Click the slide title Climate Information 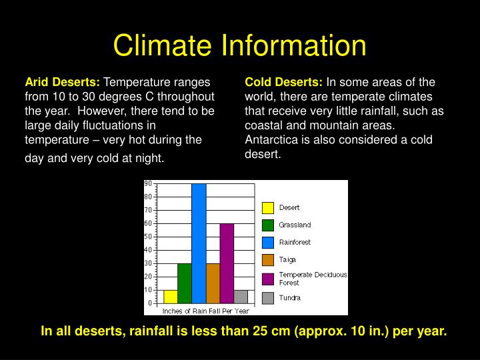240,45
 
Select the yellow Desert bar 171,297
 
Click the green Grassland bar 185,283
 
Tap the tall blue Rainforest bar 199,243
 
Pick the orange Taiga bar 213,283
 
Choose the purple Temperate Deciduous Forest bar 227,263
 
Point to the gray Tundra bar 241,297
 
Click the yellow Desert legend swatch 268,208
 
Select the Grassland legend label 295,225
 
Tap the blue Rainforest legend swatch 268,243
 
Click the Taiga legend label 287,259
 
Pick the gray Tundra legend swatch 268,298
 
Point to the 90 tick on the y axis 148,183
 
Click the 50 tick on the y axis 148,237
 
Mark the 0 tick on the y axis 151,303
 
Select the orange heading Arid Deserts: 62,83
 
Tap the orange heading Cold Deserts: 283,83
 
